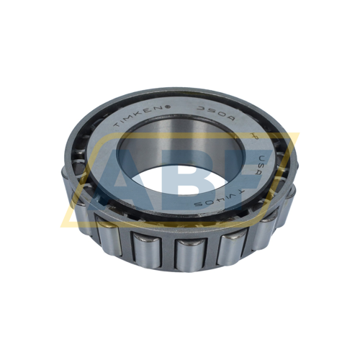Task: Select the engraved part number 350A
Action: pyautogui.click(x=208, y=112)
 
